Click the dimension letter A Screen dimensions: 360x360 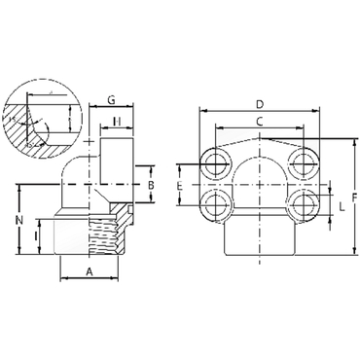click(x=89, y=273)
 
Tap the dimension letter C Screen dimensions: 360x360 click(x=259, y=121)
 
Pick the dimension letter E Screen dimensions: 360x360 click(x=180, y=184)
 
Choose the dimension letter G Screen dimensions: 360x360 click(x=112, y=100)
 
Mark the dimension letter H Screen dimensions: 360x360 click(x=116, y=122)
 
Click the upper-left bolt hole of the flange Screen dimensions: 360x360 click(x=214, y=162)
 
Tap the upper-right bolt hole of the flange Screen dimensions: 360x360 click(x=304, y=162)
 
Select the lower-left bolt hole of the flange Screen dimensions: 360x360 click(x=214, y=205)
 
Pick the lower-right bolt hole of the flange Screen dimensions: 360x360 click(x=304, y=205)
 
